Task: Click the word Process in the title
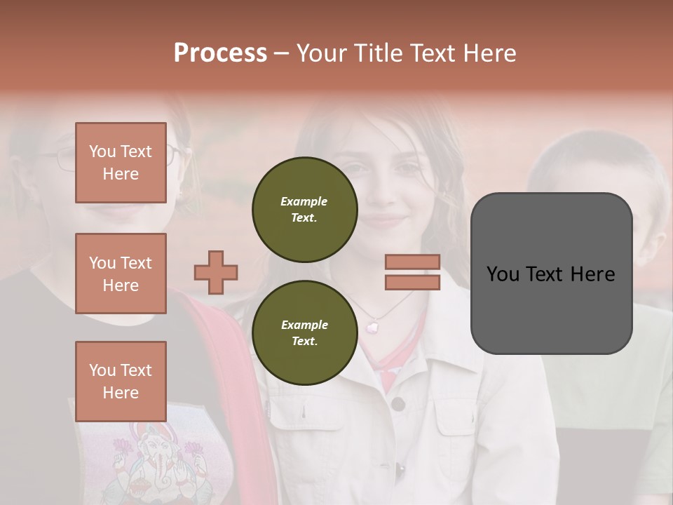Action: (220, 53)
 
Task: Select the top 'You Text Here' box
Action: (121, 163)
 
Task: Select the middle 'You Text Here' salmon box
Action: (121, 274)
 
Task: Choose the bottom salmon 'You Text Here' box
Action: (121, 381)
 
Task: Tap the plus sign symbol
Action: (216, 272)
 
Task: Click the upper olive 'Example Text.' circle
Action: (304, 210)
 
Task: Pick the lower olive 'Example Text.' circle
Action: (304, 333)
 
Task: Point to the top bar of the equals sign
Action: (412, 262)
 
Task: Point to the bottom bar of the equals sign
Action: (412, 282)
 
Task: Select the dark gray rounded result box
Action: (551, 274)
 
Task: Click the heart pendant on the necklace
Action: (373, 326)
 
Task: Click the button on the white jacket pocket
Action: (398, 404)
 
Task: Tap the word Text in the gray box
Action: (551, 274)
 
